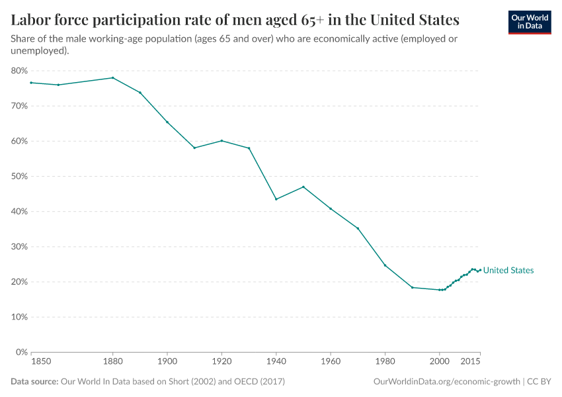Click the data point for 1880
tap(112, 77)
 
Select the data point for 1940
tap(276, 199)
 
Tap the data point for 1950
tap(303, 187)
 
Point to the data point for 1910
tap(194, 148)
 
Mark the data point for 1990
tap(412, 287)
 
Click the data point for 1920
tap(221, 140)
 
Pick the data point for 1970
tap(358, 228)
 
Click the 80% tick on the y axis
tap(19, 71)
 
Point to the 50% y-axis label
tap(19, 176)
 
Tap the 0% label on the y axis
tap(21, 352)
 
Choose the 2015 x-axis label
tap(471, 362)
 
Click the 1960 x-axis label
tap(330, 362)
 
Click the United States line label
tap(508, 271)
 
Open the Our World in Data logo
tap(529, 22)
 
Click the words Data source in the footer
tap(34, 382)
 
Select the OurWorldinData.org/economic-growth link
tap(446, 382)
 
